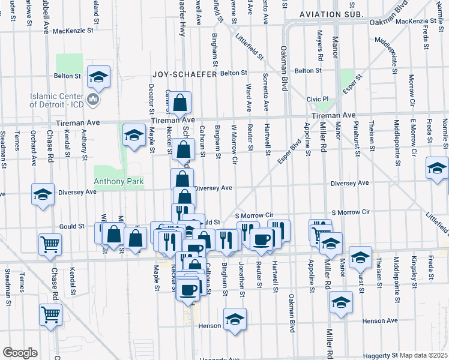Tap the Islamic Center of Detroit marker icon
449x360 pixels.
(x=92, y=99)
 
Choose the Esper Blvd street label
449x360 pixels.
(x=289, y=152)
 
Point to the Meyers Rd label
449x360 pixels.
(x=321, y=50)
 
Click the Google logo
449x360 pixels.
(x=20, y=353)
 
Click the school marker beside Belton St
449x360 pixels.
(x=98, y=77)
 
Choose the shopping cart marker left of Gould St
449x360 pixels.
(x=50, y=245)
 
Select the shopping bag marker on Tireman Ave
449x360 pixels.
(x=180, y=104)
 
